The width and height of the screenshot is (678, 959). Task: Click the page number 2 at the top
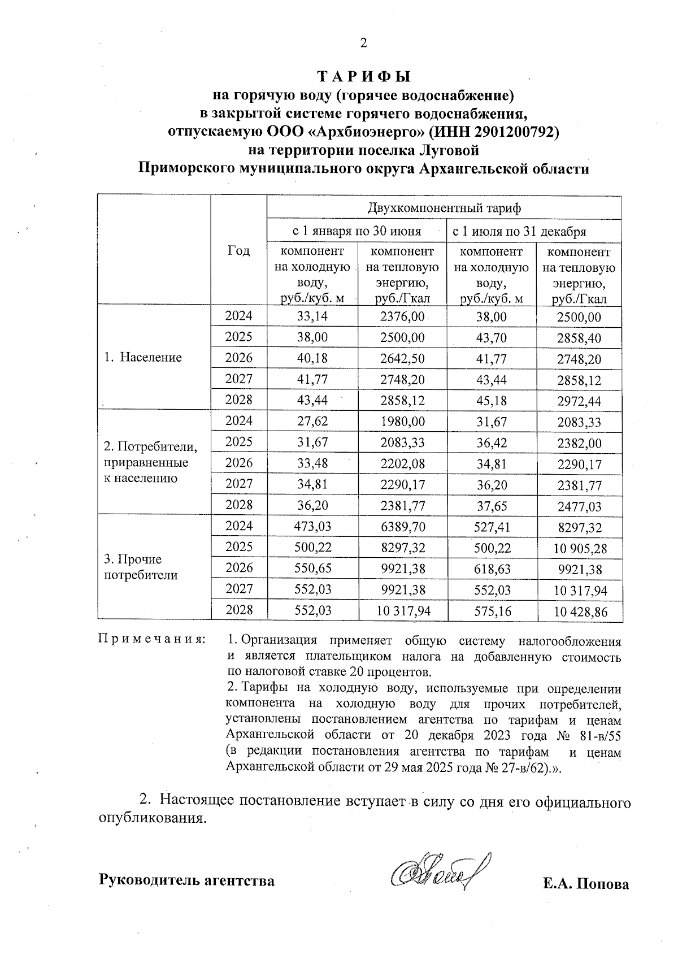(x=363, y=43)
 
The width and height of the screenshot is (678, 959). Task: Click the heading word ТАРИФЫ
(x=363, y=76)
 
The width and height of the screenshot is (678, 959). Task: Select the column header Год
(x=238, y=250)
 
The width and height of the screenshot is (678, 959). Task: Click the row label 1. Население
(x=143, y=357)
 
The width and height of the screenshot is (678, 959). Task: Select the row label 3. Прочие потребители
(x=141, y=567)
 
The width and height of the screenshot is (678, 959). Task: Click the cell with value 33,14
(x=312, y=316)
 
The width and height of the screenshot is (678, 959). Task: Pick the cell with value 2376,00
(x=402, y=316)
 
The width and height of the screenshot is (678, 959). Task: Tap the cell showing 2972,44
(x=579, y=402)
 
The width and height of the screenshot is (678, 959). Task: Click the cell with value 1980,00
(x=402, y=422)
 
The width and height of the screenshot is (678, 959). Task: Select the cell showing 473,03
(x=312, y=527)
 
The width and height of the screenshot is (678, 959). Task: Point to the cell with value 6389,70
(x=402, y=527)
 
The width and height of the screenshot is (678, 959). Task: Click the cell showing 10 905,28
(x=579, y=549)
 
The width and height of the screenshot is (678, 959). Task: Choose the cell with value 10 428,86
(x=579, y=612)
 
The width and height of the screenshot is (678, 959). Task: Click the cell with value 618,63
(x=491, y=569)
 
